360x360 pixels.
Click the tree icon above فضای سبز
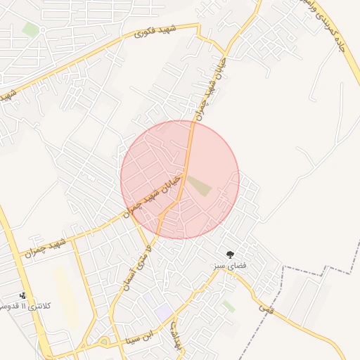coord(230,254)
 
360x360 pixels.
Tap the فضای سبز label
coord(230,267)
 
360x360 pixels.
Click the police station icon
coord(23,295)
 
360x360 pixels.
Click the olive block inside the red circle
coord(199,186)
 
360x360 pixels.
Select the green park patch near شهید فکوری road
coord(30,30)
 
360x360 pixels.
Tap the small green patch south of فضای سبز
coord(229,307)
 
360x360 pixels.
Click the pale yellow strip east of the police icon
coord(65,295)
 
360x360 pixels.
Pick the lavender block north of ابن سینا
coord(163,311)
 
